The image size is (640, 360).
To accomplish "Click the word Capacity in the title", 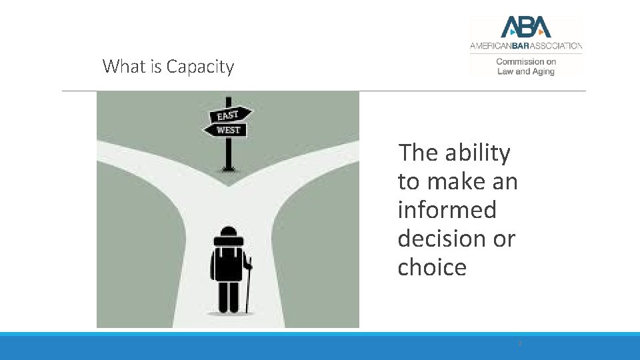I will point(200,67).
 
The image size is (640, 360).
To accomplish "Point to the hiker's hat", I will point(228,232).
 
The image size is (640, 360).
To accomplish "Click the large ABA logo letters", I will point(526,27).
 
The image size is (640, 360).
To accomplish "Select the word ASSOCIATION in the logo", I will point(557,46).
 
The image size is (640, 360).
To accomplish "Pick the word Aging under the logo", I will point(543,71).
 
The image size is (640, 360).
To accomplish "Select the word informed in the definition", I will point(447,210).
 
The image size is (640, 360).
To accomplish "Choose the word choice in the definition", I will point(432,267).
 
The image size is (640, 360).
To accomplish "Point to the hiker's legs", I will point(228,297).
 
